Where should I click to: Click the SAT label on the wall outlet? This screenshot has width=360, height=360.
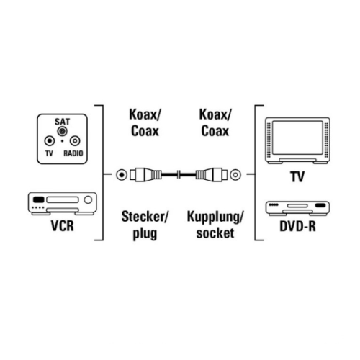click(x=62, y=122)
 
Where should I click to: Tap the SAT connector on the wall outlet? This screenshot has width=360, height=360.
click(x=62, y=131)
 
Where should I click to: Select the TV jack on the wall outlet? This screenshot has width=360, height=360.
click(x=50, y=141)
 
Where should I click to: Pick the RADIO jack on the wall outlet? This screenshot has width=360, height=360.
click(x=75, y=141)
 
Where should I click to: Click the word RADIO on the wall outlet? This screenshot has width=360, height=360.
click(x=73, y=153)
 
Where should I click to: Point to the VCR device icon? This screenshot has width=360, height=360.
click(x=63, y=203)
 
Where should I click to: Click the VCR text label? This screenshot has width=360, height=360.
click(x=63, y=225)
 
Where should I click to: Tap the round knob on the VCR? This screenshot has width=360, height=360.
click(x=89, y=199)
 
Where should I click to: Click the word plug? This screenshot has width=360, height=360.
click(x=145, y=233)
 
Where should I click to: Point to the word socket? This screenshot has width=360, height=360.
click(x=215, y=233)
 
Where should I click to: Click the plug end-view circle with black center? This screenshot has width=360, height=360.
click(x=122, y=175)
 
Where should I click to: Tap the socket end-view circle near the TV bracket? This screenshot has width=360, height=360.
click(x=235, y=175)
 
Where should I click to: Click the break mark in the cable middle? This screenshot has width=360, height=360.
click(x=179, y=174)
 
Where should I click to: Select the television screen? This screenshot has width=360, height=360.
click(x=297, y=138)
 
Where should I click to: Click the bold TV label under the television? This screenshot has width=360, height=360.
click(x=297, y=176)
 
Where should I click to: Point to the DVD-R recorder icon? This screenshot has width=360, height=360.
click(x=297, y=208)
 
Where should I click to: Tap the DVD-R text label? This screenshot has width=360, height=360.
click(x=297, y=226)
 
